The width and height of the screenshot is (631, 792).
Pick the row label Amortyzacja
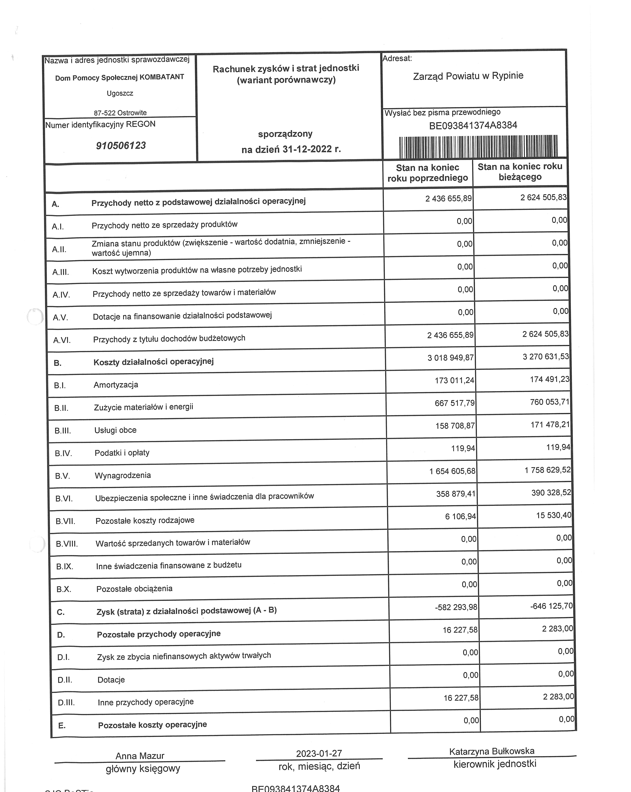116,385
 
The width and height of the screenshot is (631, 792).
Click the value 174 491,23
549,379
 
